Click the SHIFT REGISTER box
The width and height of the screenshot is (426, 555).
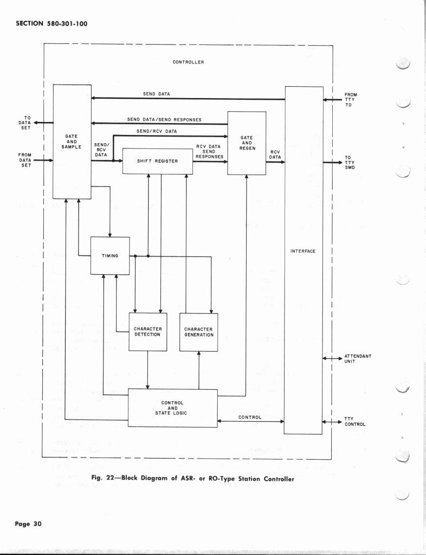[158, 161]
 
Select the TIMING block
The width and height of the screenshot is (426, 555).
[110, 256]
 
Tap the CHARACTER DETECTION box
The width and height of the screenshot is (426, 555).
[147, 332]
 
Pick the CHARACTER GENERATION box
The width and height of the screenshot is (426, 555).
[198, 332]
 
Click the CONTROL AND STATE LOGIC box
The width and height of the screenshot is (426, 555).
[172, 408]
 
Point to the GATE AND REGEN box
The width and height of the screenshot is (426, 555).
[247, 143]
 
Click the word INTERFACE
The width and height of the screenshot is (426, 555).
[303, 251]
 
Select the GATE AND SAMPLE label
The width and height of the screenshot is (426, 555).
[72, 142]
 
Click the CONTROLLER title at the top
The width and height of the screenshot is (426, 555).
[188, 62]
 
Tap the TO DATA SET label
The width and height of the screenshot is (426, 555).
[25, 122]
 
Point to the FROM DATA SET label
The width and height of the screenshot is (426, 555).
[25, 160]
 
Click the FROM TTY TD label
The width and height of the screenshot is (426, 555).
[351, 100]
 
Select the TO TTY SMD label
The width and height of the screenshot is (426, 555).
[350, 163]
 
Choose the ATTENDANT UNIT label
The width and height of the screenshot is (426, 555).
[358, 359]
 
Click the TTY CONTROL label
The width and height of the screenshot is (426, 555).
[355, 422]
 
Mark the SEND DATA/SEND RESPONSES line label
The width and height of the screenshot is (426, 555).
[164, 119]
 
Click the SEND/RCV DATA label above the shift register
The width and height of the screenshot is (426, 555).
[156, 132]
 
